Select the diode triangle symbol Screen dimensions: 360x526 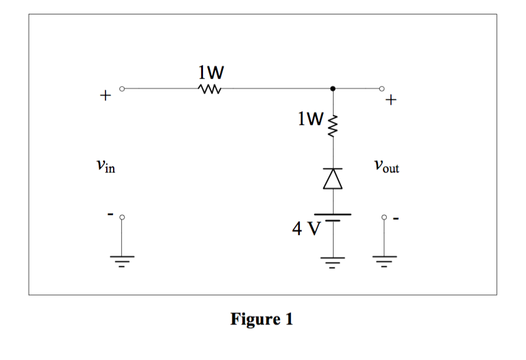coord(334,179)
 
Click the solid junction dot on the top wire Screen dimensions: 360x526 coord(334,89)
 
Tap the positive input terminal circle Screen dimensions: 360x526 coord(122,89)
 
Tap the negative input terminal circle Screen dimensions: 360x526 coord(122,217)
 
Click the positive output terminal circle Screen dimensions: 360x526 coord(384,89)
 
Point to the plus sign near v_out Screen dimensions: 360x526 coord(392,99)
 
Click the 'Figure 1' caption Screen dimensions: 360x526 coord(261,319)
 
